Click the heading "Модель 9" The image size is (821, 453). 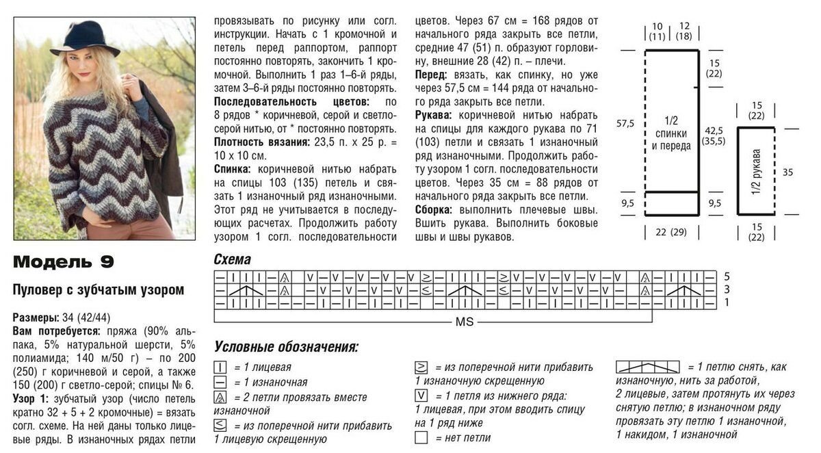(x=64, y=262)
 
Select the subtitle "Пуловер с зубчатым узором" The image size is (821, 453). (x=99, y=289)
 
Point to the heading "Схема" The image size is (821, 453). (x=233, y=260)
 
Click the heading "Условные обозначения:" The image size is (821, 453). (x=286, y=347)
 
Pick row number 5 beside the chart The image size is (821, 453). (x=727, y=276)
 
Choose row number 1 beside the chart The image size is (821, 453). (x=727, y=302)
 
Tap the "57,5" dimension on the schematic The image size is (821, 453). (x=625, y=123)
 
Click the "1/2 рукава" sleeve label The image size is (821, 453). (x=756, y=171)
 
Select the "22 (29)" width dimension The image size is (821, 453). (x=670, y=233)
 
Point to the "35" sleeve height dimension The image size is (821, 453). (x=787, y=172)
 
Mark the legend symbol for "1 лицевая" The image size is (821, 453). (x=220, y=367)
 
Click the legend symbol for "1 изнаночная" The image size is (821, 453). (x=220, y=383)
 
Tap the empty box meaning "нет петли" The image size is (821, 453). (x=421, y=437)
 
